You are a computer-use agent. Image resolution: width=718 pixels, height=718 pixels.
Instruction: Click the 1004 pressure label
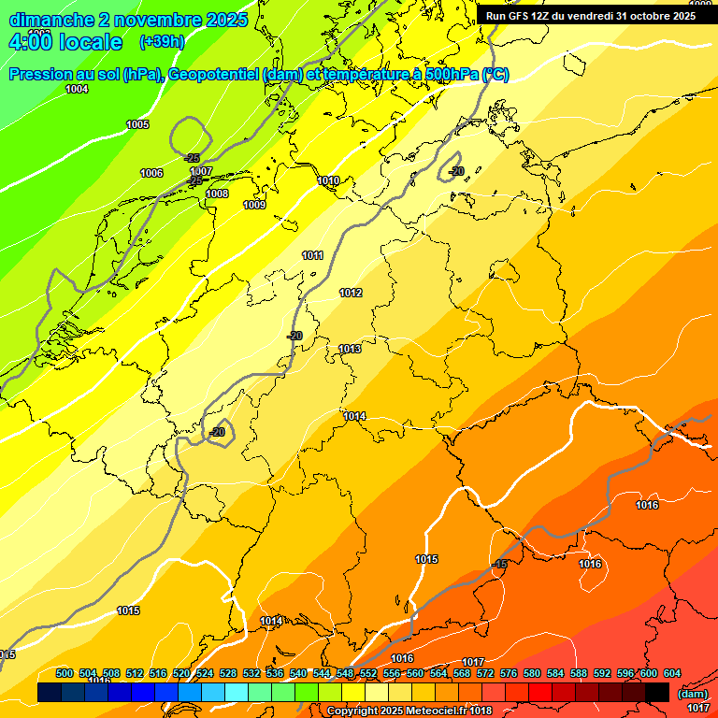tap(77, 89)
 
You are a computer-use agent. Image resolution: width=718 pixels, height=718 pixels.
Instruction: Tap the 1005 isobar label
tap(137, 124)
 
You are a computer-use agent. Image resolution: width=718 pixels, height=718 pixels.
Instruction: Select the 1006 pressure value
tap(151, 173)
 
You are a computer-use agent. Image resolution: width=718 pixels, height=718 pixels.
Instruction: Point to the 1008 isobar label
tap(217, 194)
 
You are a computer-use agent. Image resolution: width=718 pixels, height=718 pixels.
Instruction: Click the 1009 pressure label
tap(254, 205)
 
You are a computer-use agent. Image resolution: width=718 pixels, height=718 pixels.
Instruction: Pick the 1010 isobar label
tap(328, 180)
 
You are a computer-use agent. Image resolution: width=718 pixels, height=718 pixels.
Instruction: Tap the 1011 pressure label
tap(312, 255)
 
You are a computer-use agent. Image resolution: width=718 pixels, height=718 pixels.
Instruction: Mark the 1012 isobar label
tap(351, 293)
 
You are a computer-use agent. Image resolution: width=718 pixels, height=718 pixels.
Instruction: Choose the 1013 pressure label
tap(350, 349)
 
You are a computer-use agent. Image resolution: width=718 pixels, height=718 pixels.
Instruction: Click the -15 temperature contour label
tap(499, 564)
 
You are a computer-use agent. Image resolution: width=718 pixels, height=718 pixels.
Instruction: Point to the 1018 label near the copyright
tap(481, 711)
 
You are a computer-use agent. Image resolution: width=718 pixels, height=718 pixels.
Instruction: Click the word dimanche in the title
tap(46, 20)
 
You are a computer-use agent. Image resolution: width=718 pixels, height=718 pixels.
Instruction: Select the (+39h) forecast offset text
tap(161, 42)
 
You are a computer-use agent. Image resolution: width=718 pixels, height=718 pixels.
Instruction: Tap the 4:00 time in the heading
tap(29, 42)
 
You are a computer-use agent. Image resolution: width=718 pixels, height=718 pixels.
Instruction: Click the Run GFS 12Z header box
tap(591, 16)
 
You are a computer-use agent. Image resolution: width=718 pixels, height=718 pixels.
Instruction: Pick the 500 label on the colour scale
tap(65, 673)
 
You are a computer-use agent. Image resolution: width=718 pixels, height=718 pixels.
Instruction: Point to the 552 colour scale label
tap(368, 673)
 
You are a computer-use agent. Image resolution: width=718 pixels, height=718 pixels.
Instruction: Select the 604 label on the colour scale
tap(672, 673)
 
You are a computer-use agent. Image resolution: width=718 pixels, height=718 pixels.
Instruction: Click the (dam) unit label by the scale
tap(692, 694)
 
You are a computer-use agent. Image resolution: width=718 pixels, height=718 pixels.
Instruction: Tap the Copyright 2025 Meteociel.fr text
tap(393, 711)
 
